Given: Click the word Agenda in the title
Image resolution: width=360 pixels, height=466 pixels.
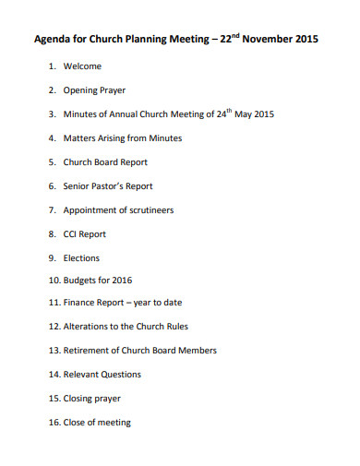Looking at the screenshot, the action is [x=54, y=40].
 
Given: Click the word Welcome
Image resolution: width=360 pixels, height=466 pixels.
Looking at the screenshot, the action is [x=82, y=66].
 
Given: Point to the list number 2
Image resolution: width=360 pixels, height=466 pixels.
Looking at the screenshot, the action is [x=52, y=90].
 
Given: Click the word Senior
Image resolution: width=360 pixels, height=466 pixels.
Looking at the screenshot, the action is [x=78, y=186].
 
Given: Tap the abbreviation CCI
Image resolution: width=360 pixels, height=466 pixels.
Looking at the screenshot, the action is [x=71, y=234].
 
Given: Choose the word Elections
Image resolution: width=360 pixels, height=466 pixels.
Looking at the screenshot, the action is [x=81, y=258].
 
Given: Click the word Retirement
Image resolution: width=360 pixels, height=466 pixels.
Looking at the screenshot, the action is [x=90, y=351].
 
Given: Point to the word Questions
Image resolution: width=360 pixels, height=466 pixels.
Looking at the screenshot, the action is [x=122, y=375].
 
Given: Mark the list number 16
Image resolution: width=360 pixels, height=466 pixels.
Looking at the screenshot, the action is [x=53, y=423].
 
